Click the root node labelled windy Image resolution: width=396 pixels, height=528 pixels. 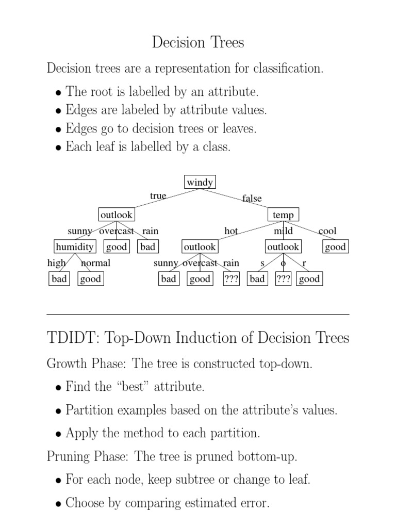coord(200,183)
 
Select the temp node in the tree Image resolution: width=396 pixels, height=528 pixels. coord(283,214)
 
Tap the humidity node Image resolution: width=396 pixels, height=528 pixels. coord(75,247)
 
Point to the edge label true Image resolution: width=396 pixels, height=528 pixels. coord(158,196)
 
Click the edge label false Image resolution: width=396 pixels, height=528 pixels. coord(252,199)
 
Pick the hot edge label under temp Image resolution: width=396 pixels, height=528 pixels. coord(231,231)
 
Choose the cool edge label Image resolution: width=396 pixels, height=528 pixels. coord(327,231)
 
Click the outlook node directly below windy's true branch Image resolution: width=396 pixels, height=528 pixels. coord(116,214)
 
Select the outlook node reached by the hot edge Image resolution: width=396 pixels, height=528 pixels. coord(200,247)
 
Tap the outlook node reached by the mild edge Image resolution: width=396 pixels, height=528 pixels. coord(283,247)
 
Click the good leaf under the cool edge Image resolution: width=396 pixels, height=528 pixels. coord(335,247)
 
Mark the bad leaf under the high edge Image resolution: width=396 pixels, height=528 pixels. coord(59,279)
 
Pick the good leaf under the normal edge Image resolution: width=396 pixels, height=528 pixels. coord(90,279)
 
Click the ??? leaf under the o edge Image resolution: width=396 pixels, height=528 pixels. coord(283,279)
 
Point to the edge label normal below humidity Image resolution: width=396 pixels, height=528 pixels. coord(96,263)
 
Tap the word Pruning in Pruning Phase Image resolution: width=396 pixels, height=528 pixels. coord(68,457)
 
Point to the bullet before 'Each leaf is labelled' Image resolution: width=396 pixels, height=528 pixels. coord(59,148)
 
